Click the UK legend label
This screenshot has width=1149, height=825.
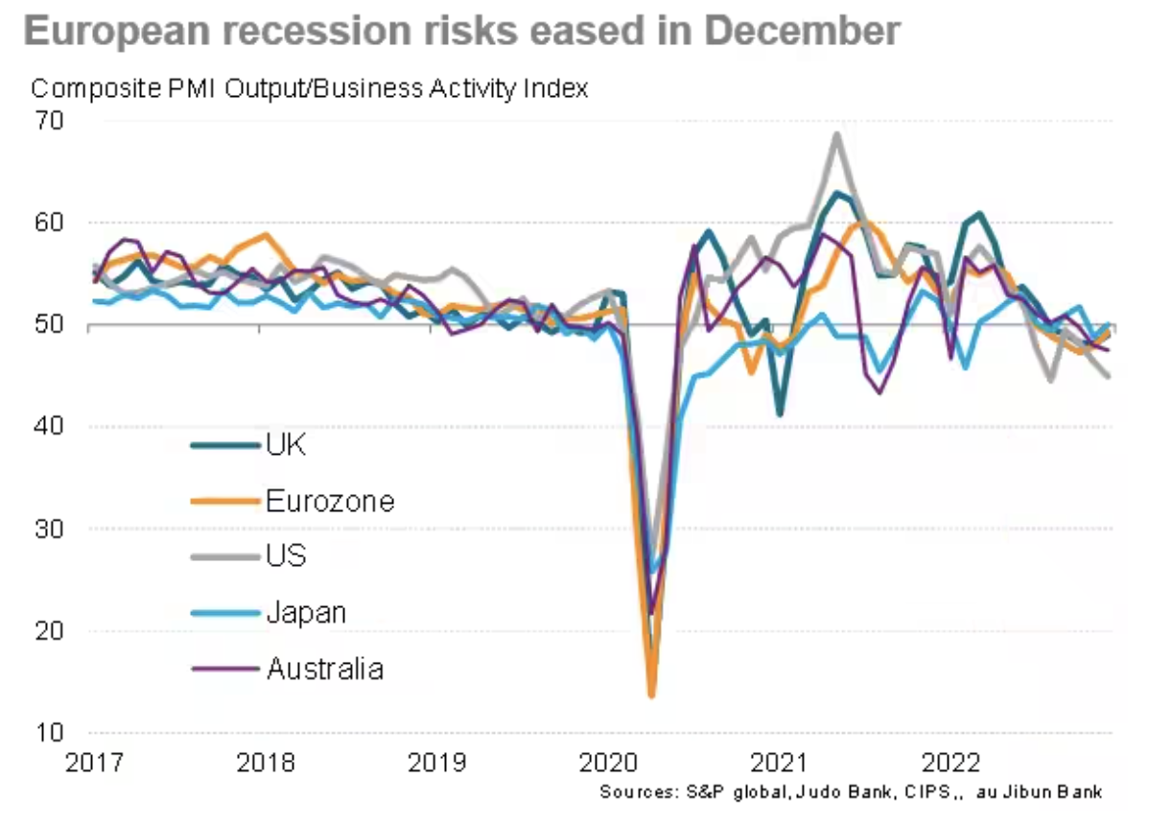pos(286,444)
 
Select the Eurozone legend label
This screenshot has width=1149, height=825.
pos(330,500)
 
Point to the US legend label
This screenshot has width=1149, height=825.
pos(286,555)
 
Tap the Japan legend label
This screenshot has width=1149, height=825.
pos(306,611)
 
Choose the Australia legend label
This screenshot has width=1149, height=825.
pos(324,668)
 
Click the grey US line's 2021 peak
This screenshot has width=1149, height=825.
pos(837,134)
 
